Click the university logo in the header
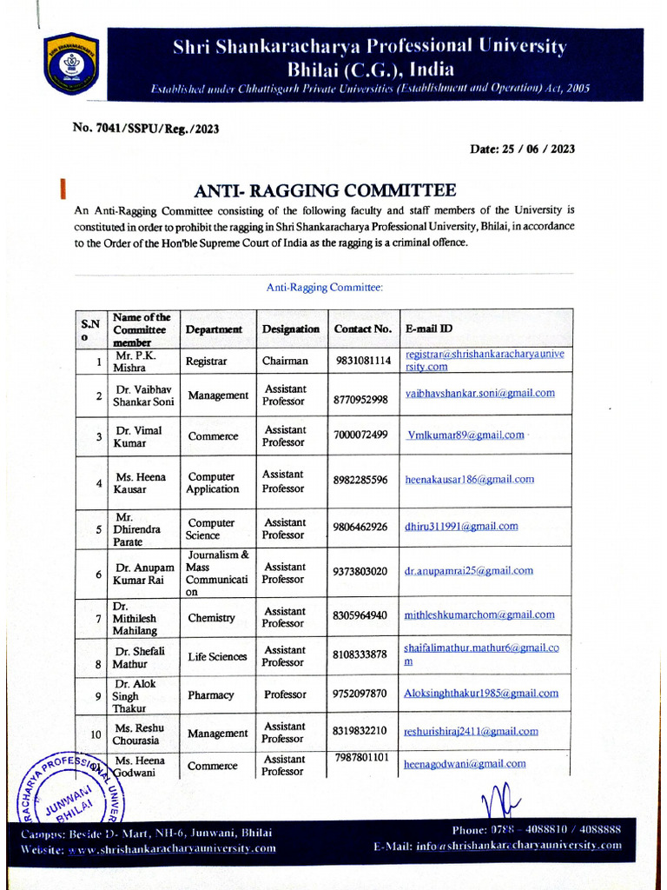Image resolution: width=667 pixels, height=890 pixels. tap(72, 63)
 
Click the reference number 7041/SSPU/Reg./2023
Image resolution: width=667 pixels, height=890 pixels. tap(146, 129)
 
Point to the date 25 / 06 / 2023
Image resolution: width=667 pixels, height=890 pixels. tap(522, 149)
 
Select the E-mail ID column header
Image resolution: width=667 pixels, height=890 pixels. tap(429, 329)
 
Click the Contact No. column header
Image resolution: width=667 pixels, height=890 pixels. tap(363, 329)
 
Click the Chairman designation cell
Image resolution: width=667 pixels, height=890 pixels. tap(285, 361)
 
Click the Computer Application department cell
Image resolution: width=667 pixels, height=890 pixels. tap(212, 482)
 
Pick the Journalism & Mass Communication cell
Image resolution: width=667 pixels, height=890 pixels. tap(218, 572)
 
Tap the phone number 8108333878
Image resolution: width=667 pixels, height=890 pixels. tap(360, 654)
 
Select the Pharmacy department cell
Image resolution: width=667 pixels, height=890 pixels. tap(211, 695)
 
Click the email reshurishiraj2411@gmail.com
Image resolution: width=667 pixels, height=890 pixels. tap(471, 732)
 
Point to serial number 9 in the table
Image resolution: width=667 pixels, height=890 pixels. tap(98, 696)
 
